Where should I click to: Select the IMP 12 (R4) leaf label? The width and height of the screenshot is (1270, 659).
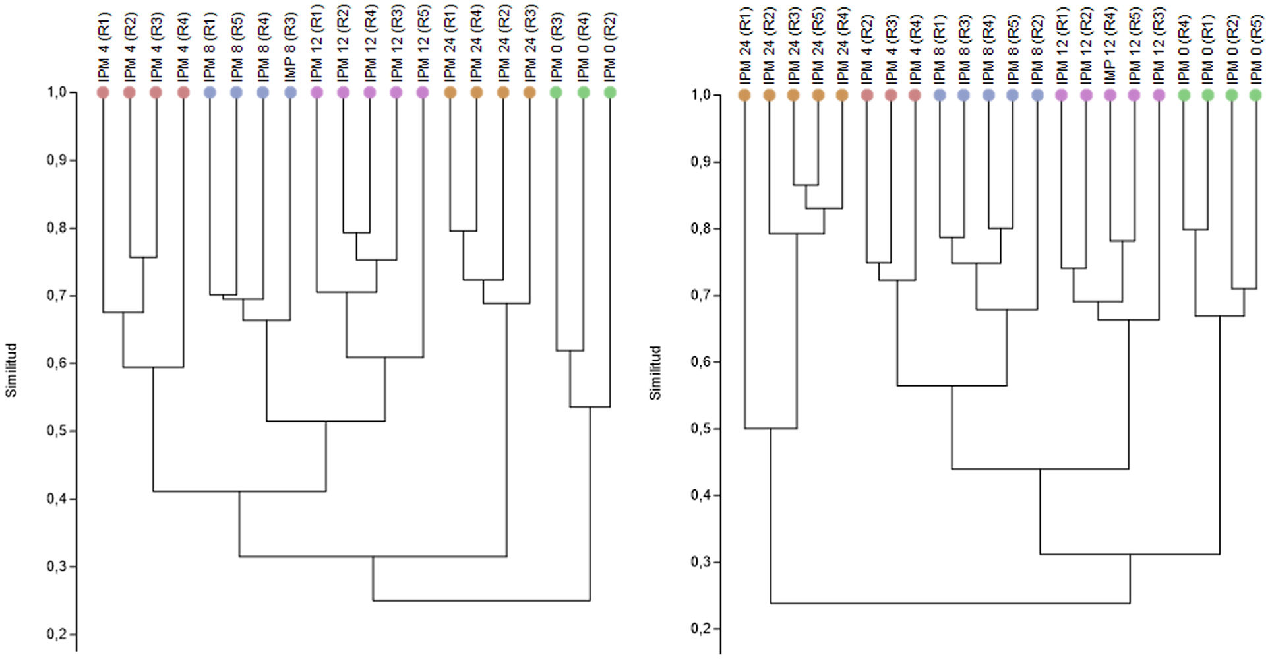[x=1110, y=46]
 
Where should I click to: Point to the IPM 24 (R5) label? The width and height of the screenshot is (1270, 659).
[x=818, y=46]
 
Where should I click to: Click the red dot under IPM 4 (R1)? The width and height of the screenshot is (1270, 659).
[x=103, y=92]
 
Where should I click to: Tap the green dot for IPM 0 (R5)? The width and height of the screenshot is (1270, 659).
[x=1255, y=95]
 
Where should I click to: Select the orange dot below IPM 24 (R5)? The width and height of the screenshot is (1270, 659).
[x=818, y=95]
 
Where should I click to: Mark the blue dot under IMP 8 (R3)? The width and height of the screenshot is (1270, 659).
[x=290, y=92]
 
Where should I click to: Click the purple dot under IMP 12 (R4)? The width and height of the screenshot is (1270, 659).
[x=1110, y=95]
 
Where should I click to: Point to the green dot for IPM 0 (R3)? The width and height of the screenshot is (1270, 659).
[x=557, y=92]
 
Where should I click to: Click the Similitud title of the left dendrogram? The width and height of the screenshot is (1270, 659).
[x=11, y=370]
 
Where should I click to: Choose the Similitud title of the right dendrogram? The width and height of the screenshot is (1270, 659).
[x=655, y=373]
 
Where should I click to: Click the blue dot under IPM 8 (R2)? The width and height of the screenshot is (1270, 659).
[x=1037, y=95]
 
